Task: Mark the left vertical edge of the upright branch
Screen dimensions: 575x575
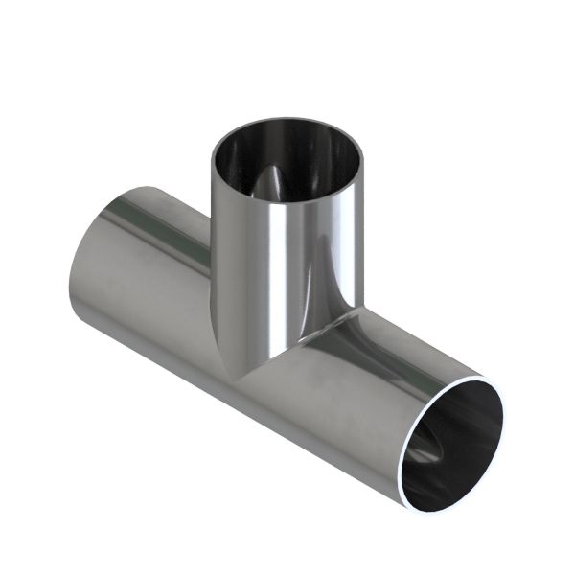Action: pos(211,240)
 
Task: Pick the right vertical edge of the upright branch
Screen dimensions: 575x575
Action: pos(365,240)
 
